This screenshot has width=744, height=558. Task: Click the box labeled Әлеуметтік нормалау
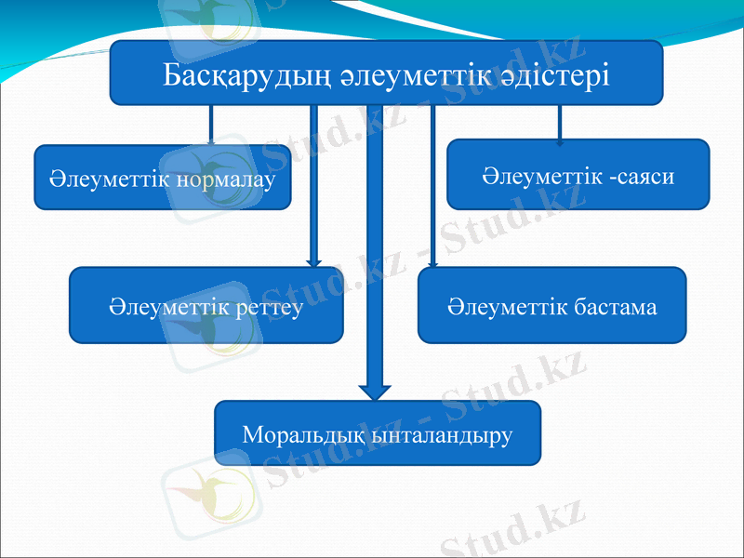tap(163, 177)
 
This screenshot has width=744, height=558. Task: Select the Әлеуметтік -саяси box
tap(578, 175)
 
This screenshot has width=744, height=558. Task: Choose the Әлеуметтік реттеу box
tap(206, 306)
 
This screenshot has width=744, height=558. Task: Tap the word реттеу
tap(269, 307)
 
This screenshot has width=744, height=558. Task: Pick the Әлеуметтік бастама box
tap(551, 306)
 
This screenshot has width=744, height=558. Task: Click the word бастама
tap(615, 306)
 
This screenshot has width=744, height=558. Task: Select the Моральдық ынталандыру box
tap(377, 433)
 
